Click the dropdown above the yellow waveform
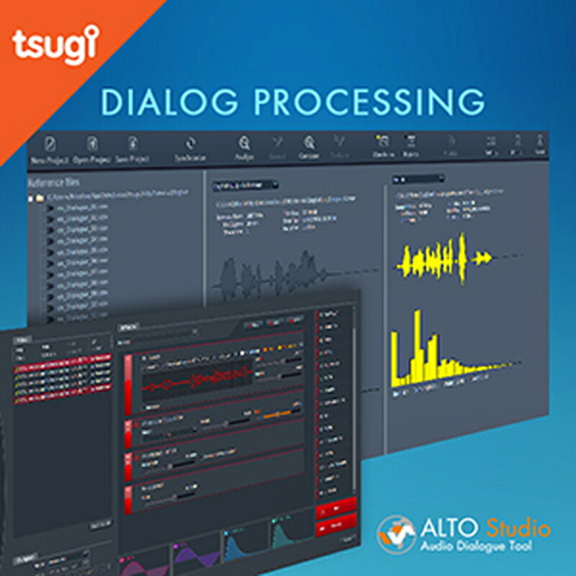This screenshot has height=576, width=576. pos(418,179)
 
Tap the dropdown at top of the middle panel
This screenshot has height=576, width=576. pos(238,185)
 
